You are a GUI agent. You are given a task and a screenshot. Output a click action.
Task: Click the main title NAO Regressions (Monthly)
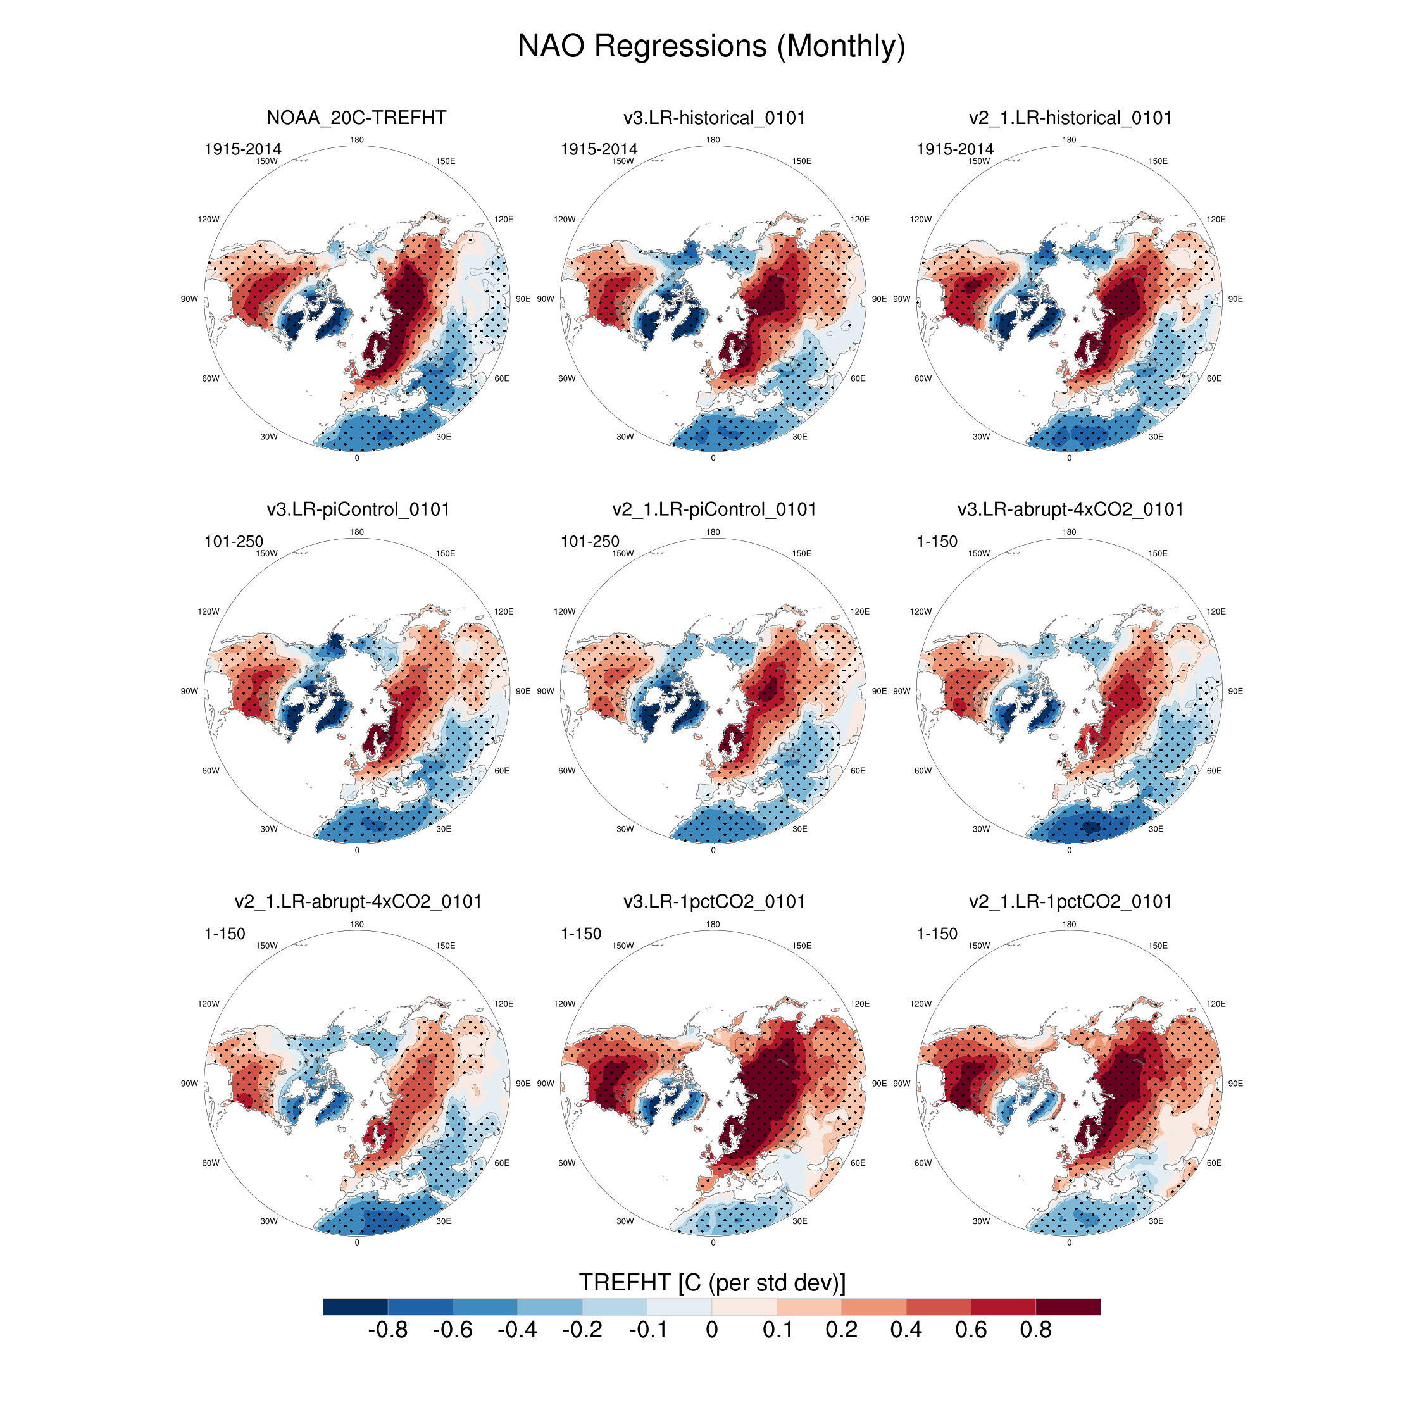(711, 46)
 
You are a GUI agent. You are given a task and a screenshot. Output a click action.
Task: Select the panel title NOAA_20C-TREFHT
(356, 118)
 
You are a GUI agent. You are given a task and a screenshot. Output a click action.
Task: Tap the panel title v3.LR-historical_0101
(713, 118)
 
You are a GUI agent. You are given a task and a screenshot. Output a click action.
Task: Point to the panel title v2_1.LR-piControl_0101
(713, 509)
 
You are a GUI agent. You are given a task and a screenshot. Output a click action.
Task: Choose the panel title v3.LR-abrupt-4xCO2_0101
(1070, 509)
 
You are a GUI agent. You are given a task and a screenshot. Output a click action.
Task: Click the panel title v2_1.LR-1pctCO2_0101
(1070, 901)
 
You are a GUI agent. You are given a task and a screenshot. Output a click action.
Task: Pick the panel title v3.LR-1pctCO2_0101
(713, 901)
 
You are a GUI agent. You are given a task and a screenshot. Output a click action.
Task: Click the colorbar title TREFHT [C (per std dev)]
(712, 1282)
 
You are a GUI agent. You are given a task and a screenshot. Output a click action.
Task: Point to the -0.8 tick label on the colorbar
(388, 1330)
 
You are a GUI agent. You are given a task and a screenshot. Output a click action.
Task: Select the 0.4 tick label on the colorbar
(906, 1330)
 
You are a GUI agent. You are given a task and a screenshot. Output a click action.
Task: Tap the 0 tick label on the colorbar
(712, 1330)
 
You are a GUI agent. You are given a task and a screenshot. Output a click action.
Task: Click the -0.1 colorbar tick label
(647, 1330)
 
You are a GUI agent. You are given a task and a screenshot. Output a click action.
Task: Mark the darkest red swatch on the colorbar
(1068, 1307)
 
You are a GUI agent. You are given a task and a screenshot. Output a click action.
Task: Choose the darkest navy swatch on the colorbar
(355, 1307)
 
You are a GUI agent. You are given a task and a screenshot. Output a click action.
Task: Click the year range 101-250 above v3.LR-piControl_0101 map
(234, 542)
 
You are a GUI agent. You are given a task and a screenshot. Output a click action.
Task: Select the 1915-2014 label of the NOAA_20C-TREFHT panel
(242, 149)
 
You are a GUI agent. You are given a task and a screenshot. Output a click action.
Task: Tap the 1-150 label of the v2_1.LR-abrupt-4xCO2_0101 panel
(225, 934)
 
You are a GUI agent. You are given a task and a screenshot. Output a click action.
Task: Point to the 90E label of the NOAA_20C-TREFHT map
(523, 299)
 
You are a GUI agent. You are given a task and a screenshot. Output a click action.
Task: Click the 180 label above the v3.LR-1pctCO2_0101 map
(713, 924)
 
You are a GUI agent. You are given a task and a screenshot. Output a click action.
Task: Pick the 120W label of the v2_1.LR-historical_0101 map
(921, 220)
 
